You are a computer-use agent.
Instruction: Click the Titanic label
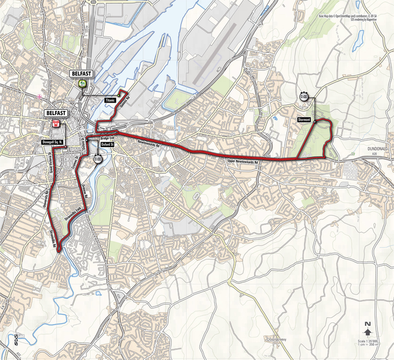110,100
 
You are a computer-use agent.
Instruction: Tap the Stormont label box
304,120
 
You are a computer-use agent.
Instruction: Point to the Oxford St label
108,145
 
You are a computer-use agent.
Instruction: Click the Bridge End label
108,137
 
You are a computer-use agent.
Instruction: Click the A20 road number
376,153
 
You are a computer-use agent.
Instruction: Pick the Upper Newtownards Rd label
243,163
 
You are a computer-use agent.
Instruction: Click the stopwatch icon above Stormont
305,97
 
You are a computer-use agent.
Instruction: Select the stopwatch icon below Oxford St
97,159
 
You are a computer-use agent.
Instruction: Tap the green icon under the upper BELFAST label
82,85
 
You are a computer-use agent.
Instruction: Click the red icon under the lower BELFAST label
56,124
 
